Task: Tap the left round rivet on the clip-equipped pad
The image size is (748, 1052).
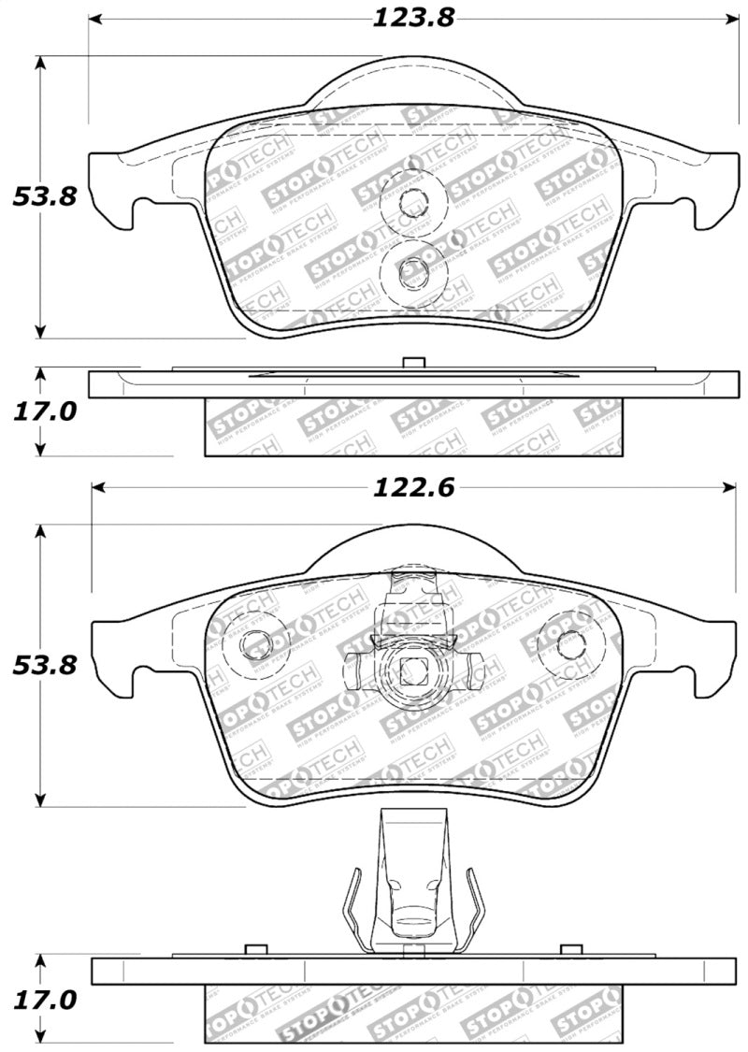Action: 256,643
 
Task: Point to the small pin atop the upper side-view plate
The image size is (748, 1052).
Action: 412,363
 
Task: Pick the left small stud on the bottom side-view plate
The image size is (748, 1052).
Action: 250,950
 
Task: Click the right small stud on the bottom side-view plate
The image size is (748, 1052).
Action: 566,950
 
